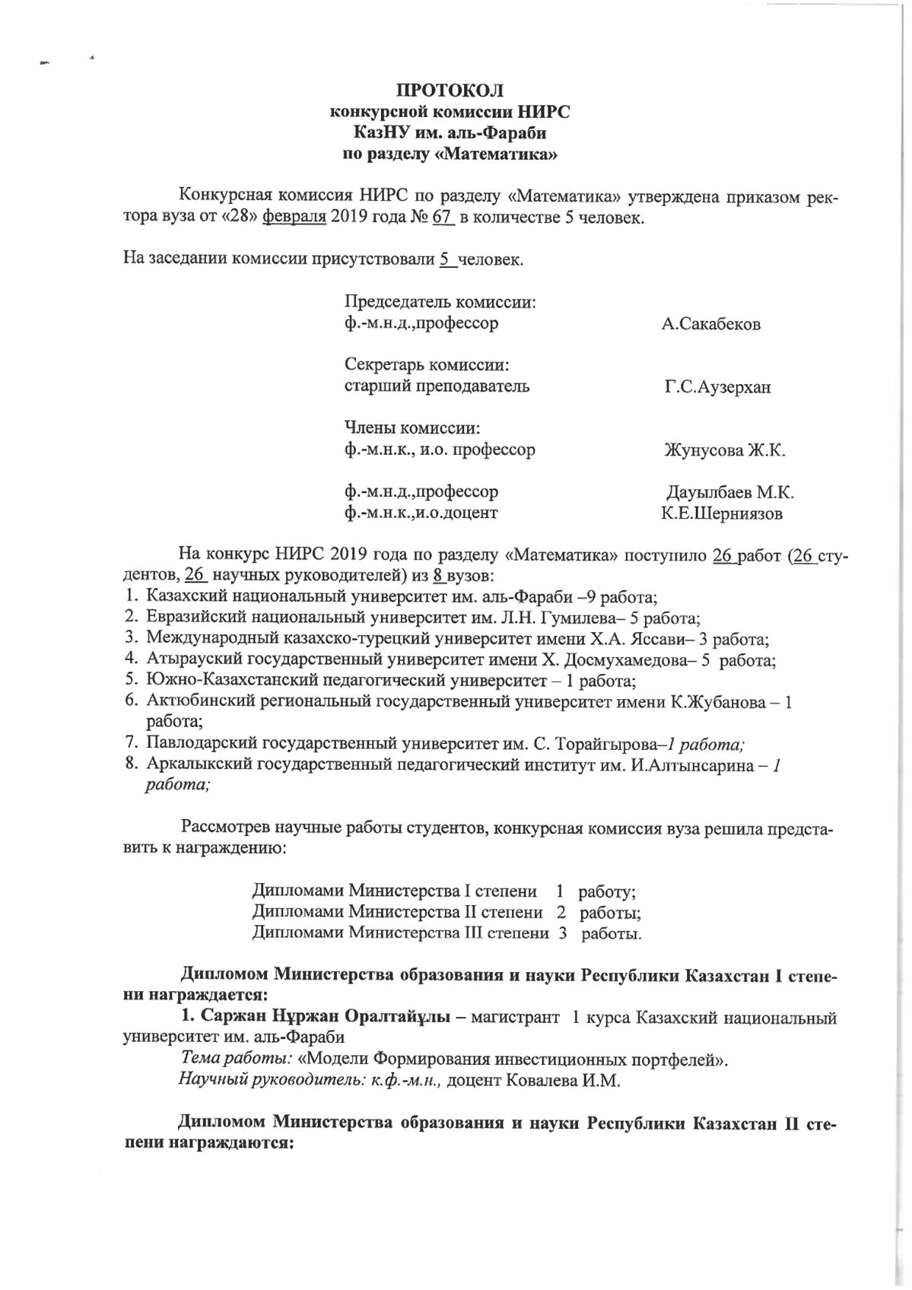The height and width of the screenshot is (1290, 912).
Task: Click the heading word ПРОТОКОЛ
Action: [450, 91]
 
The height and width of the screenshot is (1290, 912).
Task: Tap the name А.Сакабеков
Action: [710, 325]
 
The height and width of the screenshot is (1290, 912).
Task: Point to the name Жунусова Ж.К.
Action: [724, 450]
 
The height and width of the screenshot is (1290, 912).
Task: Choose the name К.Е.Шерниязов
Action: [722, 514]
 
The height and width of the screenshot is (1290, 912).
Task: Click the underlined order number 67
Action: [443, 219]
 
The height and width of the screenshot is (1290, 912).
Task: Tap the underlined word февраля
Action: [294, 219]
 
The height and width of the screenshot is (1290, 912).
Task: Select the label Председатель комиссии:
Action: [440, 303]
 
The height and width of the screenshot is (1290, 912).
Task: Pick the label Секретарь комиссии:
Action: [427, 365]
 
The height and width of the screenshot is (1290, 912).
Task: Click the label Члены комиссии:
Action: [412, 428]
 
